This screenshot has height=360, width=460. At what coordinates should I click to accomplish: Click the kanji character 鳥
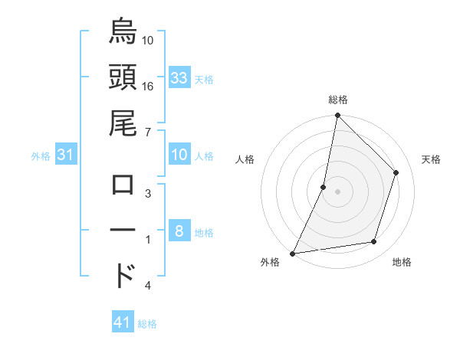pos(123,33)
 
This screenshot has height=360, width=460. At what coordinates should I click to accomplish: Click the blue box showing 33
pos(179,78)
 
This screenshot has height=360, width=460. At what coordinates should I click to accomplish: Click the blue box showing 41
pos(123,323)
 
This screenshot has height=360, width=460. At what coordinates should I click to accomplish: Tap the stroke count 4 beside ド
pos(147,286)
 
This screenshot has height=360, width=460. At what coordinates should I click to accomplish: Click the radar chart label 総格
pos(337,100)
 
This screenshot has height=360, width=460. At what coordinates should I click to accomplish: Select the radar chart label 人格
pos(245,160)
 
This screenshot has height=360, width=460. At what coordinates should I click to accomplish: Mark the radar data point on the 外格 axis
pos(292,254)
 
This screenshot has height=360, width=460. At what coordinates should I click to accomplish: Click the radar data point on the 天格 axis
pos(396,172)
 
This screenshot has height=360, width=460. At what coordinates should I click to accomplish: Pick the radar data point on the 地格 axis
pos(374,242)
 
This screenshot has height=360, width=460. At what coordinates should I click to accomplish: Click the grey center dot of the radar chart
pos(337,191)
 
